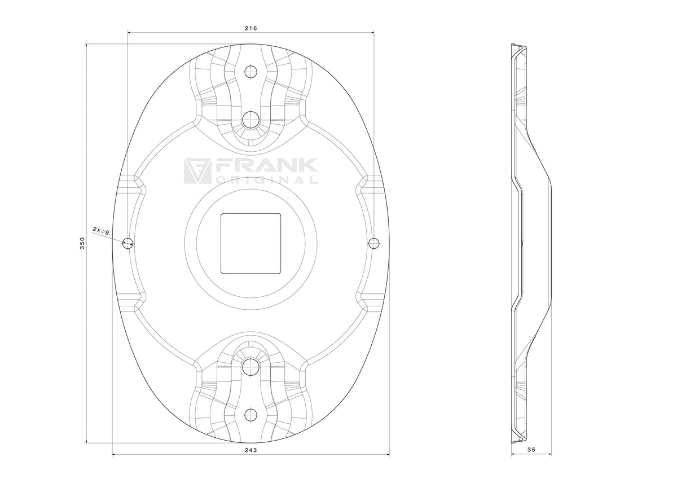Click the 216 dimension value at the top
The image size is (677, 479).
pos(250,28)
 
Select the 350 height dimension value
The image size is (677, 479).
pos(82,243)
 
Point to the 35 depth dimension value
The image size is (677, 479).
pos(531,458)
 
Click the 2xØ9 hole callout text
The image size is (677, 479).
pos(101,231)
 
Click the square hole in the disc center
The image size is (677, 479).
pos(251,243)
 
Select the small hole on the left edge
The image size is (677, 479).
pos(128,243)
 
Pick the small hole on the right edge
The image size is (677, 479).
pos(374,243)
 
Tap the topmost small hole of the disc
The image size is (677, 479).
pos(251,72)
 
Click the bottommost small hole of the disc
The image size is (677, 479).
pos(251,415)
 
